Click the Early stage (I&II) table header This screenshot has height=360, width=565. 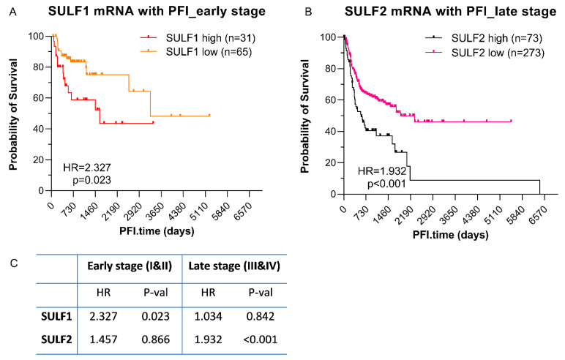(x=129, y=266)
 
